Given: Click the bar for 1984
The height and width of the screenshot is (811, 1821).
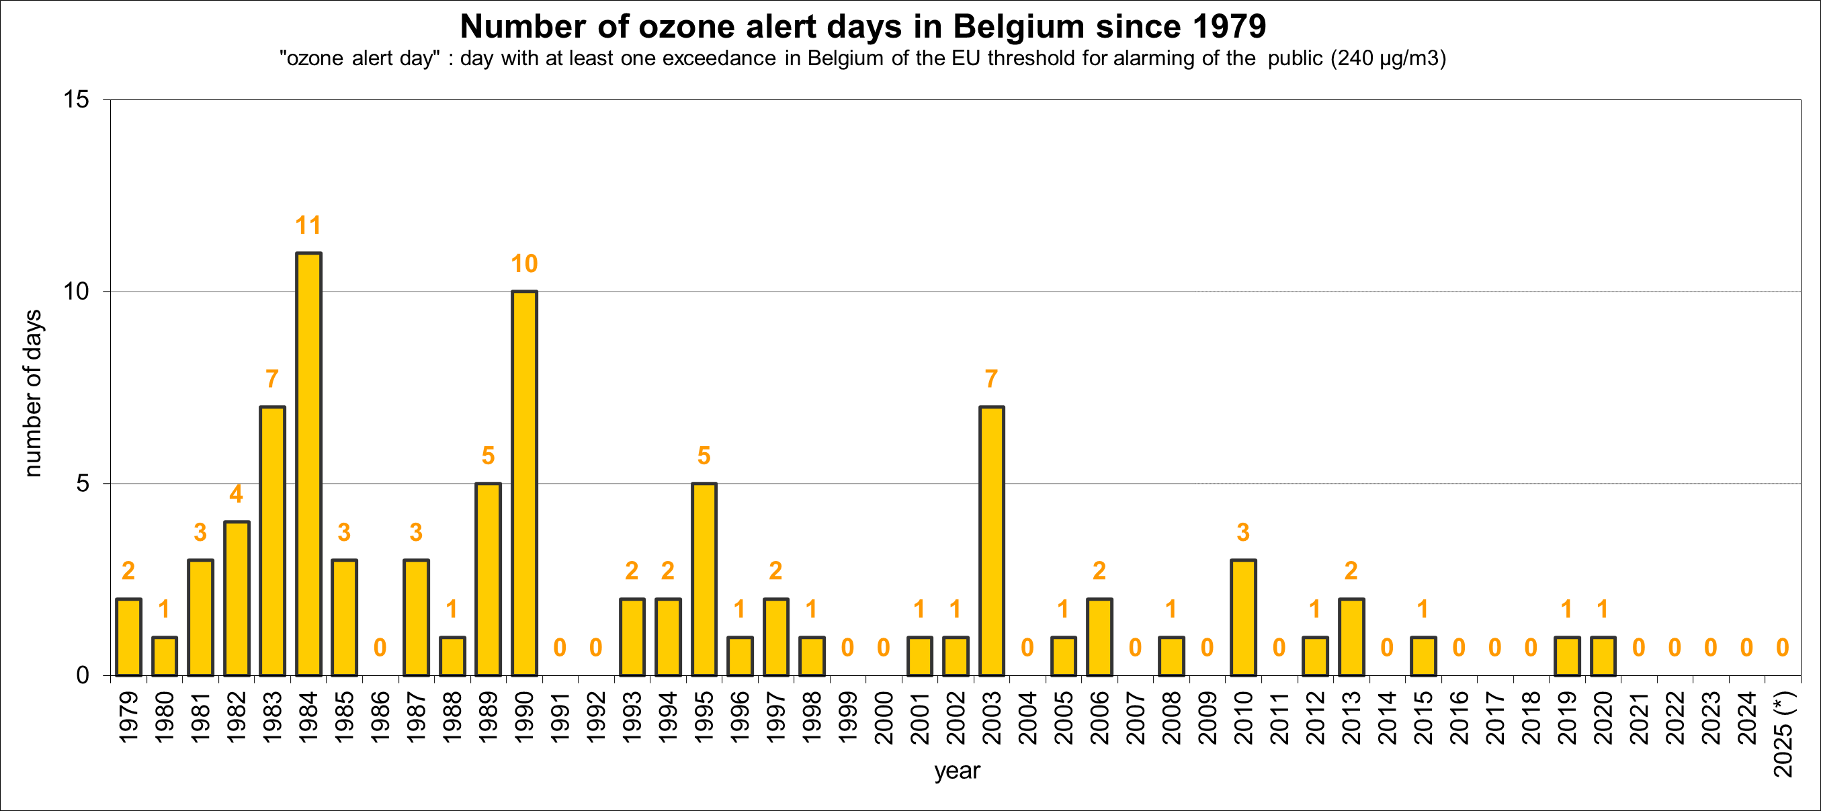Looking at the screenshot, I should pyautogui.click(x=308, y=464).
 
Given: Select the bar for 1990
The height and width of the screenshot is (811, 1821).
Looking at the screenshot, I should pyautogui.click(x=524, y=483).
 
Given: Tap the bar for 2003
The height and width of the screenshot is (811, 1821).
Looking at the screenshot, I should pyautogui.click(x=991, y=541).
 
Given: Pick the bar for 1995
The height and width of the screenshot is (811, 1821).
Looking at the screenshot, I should pyautogui.click(x=704, y=579).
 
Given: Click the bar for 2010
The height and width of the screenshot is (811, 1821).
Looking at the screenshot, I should pyautogui.click(x=1242, y=617).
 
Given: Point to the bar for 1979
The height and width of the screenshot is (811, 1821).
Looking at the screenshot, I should pyautogui.click(x=128, y=636).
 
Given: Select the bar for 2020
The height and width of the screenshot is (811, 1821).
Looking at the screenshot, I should pyautogui.click(x=1603, y=656).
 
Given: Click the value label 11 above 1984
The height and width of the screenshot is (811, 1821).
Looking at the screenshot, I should pyautogui.click(x=308, y=226).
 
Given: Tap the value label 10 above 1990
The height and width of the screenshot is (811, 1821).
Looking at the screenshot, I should pyautogui.click(x=524, y=264).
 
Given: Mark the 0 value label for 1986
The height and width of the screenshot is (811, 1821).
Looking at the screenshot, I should pyautogui.click(x=380, y=648).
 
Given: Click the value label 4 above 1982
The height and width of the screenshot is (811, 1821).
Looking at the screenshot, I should pyautogui.click(x=236, y=495).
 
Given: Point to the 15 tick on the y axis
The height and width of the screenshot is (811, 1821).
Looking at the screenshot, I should pyautogui.click(x=77, y=99).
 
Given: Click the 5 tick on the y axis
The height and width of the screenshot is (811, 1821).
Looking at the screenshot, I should pyautogui.click(x=83, y=484).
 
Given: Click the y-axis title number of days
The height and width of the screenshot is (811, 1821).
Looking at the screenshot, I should pyautogui.click(x=32, y=393).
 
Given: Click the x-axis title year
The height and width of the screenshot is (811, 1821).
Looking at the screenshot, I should pyautogui.click(x=956, y=771).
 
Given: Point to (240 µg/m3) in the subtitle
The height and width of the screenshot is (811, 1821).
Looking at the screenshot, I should pyautogui.click(x=1388, y=58).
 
